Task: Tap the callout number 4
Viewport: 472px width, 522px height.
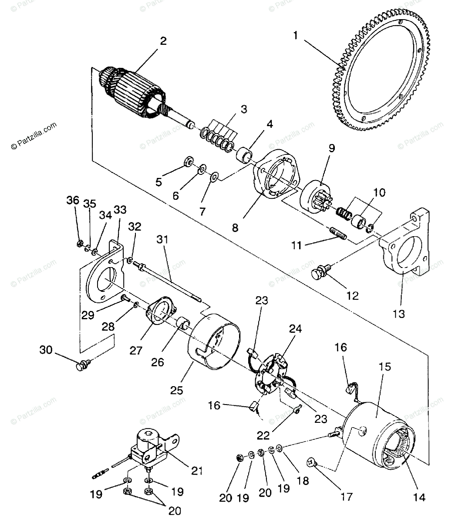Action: pyautogui.click(x=270, y=124)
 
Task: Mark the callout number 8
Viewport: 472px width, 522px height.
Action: pyautogui.click(x=235, y=228)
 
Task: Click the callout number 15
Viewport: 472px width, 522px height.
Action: pyautogui.click(x=384, y=367)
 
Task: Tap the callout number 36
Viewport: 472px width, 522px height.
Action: pyautogui.click(x=73, y=201)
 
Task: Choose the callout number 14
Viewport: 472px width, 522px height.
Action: pyautogui.click(x=419, y=497)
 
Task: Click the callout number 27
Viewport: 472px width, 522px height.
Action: pyautogui.click(x=136, y=350)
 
